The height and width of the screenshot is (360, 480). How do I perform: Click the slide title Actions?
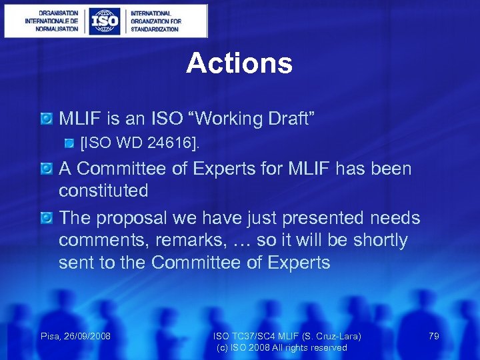(239, 63)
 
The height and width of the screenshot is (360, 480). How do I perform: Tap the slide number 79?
(433, 336)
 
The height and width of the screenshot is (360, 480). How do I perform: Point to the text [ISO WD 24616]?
(139, 143)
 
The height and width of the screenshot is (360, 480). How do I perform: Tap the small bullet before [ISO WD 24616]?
(70, 143)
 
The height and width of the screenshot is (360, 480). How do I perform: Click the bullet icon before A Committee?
(47, 169)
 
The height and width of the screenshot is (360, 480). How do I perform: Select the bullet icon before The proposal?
(47, 218)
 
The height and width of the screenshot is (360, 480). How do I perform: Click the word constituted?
(103, 191)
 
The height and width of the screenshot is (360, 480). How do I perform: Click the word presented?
(310, 218)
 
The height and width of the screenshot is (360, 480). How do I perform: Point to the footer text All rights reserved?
(310, 347)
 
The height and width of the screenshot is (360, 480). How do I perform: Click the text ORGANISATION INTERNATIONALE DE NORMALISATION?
(51, 21)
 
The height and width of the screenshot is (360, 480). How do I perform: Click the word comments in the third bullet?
(103, 240)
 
